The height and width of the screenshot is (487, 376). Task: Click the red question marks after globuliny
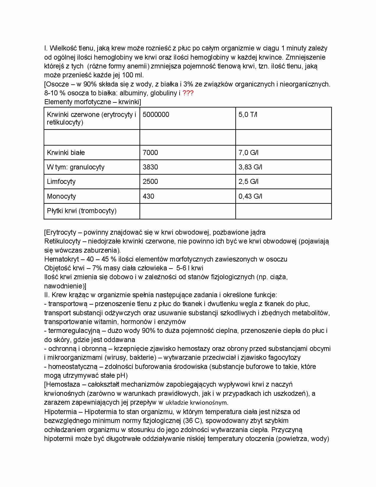pos(188,93)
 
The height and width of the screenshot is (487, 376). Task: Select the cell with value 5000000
pos(156,115)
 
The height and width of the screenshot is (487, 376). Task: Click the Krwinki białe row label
pos(66,153)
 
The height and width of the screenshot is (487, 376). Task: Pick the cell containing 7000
pos(150,153)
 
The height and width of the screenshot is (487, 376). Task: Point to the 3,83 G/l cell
pos(250,167)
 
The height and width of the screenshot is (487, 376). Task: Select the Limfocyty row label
pos(61,182)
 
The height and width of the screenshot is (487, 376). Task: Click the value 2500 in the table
pos(150,182)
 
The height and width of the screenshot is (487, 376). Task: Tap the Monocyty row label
pos(61,197)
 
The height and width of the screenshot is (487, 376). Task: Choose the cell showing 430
pos(148,197)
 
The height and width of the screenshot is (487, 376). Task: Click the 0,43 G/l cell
pos(250,197)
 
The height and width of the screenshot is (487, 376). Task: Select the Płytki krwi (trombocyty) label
pos(82,211)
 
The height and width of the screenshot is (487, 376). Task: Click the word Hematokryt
pos(61,259)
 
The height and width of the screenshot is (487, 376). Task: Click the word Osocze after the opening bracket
pos(58,84)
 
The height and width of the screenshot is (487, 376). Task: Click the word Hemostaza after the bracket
pos(63,385)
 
